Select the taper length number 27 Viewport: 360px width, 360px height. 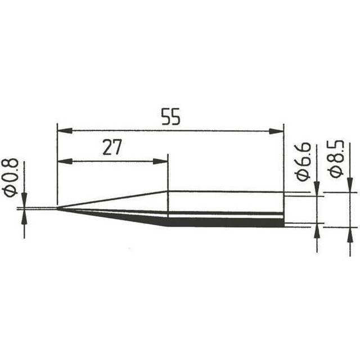[x=112, y=147]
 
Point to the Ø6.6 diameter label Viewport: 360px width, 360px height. [x=303, y=161]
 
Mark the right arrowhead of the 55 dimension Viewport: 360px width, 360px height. [x=277, y=131]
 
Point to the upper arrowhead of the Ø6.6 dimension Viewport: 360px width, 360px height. [x=317, y=189]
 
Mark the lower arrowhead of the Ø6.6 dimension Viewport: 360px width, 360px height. [x=317, y=230]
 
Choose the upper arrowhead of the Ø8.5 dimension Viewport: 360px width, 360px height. [x=350, y=186]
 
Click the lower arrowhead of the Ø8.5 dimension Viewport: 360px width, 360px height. [x=350, y=233]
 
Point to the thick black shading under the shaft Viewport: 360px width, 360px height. [x=225, y=222]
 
